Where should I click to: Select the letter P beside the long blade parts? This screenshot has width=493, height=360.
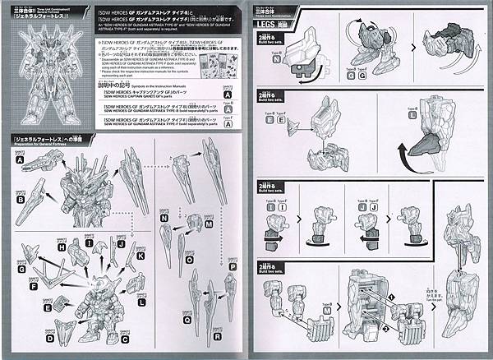(233, 268)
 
